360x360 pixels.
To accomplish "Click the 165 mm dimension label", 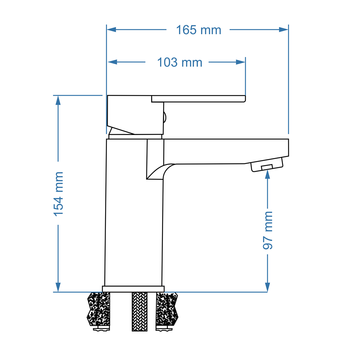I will point(198,30).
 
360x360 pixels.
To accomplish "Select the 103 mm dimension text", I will point(180,63).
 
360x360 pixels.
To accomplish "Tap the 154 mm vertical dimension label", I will point(58,194).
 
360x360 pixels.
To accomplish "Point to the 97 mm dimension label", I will point(267,230).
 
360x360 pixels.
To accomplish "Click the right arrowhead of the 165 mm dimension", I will point(284,30).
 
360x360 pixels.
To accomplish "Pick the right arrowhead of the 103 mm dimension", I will point(240,62).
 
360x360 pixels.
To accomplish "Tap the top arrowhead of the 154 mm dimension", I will point(58,100).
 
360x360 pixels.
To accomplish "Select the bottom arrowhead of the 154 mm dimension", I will point(58,287).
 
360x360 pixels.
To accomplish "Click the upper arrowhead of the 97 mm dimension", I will point(267,175).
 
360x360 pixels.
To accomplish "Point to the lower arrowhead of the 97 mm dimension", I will point(267,287).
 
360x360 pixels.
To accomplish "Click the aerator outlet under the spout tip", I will point(267,166).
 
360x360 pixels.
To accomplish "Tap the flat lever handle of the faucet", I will point(198,99).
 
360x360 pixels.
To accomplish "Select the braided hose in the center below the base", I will point(140,311).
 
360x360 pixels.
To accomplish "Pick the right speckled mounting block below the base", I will point(167,309).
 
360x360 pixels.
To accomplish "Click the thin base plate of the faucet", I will point(133,289).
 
